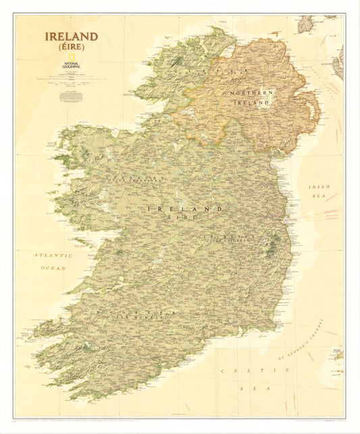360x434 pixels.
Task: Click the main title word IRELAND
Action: coord(71,37)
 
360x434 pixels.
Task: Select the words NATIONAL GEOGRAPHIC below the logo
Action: coord(71,68)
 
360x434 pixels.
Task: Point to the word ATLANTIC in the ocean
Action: coord(53,256)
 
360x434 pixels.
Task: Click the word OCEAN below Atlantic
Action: coord(53,268)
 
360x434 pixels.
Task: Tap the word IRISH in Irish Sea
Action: coord(318,187)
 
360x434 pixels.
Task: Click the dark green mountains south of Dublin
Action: coord(273,247)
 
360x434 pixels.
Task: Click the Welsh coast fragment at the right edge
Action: coord(338,353)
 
